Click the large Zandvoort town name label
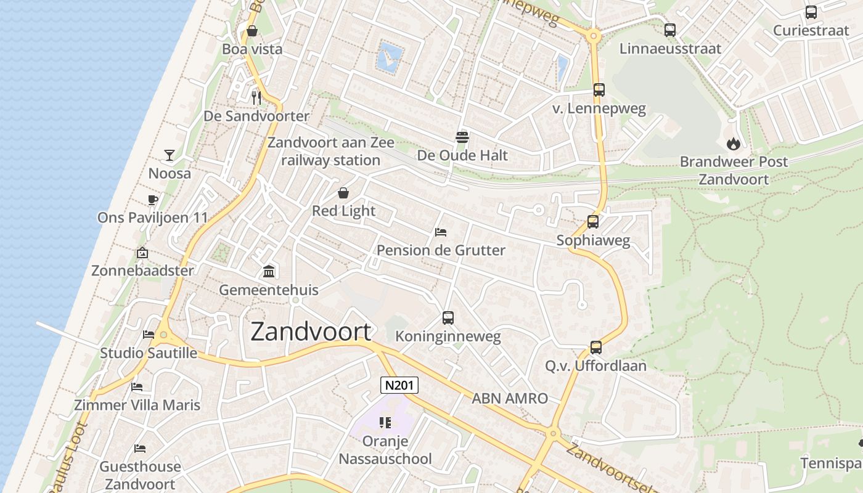click(x=311, y=332)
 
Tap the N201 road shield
click(x=399, y=386)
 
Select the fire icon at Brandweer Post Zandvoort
click(x=733, y=144)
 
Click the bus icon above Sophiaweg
click(x=593, y=222)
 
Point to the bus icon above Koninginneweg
click(x=448, y=318)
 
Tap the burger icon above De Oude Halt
click(x=462, y=136)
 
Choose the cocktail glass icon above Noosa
click(x=170, y=155)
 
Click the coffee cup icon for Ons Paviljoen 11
click(x=153, y=200)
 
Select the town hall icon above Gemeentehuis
click(x=269, y=271)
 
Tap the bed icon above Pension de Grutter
click(x=441, y=232)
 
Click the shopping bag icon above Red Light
click(x=343, y=193)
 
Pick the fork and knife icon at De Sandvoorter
click(x=256, y=97)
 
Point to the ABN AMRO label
click(x=510, y=398)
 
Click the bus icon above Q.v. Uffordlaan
click(x=595, y=348)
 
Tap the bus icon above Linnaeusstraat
click(x=670, y=30)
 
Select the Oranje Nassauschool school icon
click(x=385, y=423)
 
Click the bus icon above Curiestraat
click(x=811, y=12)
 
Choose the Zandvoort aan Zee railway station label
click(x=330, y=152)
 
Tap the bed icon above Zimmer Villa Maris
click(x=137, y=387)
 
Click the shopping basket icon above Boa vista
click(x=252, y=31)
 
